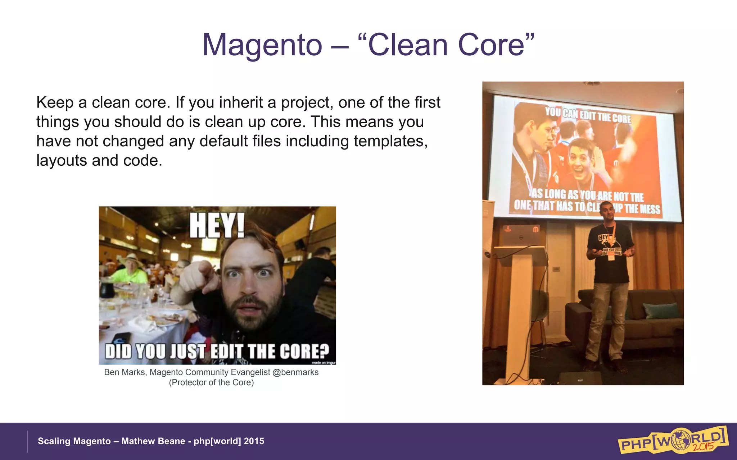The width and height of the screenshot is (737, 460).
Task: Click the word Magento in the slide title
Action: point(262,46)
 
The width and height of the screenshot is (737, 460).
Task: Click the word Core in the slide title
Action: point(491,46)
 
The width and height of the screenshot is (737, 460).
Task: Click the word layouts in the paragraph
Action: point(62,161)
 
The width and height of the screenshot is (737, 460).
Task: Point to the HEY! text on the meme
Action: point(217,225)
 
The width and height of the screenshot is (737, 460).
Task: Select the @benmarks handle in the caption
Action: point(295,372)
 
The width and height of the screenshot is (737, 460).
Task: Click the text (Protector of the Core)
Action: point(211,383)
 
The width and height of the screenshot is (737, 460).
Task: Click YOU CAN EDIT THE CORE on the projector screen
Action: point(588,115)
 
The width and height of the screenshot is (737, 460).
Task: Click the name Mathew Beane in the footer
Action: point(153,441)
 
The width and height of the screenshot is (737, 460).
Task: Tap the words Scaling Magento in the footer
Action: point(74,441)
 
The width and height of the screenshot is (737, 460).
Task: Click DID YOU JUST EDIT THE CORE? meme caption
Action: point(217,351)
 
